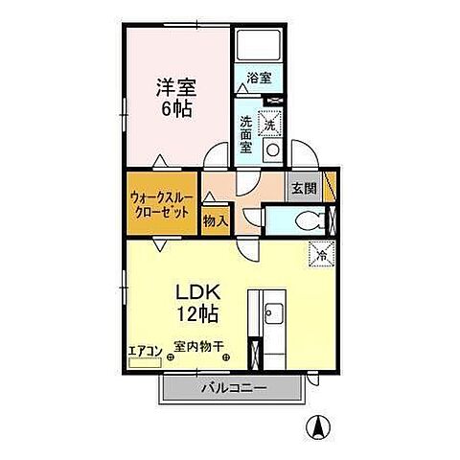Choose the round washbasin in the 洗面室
point(272,151)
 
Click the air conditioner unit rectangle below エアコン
point(146,364)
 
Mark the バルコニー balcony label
point(234,387)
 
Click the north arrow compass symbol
point(313,425)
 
